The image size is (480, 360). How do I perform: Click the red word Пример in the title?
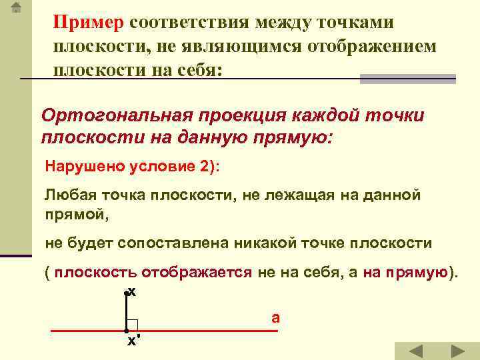(x=89, y=23)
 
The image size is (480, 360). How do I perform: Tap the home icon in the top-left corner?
(x=17, y=9)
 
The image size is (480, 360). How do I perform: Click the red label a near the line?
(x=275, y=317)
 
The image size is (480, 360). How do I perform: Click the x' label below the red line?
(x=133, y=341)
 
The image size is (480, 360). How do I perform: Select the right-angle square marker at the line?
(x=132, y=325)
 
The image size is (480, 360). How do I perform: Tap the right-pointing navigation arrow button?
(x=457, y=351)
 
